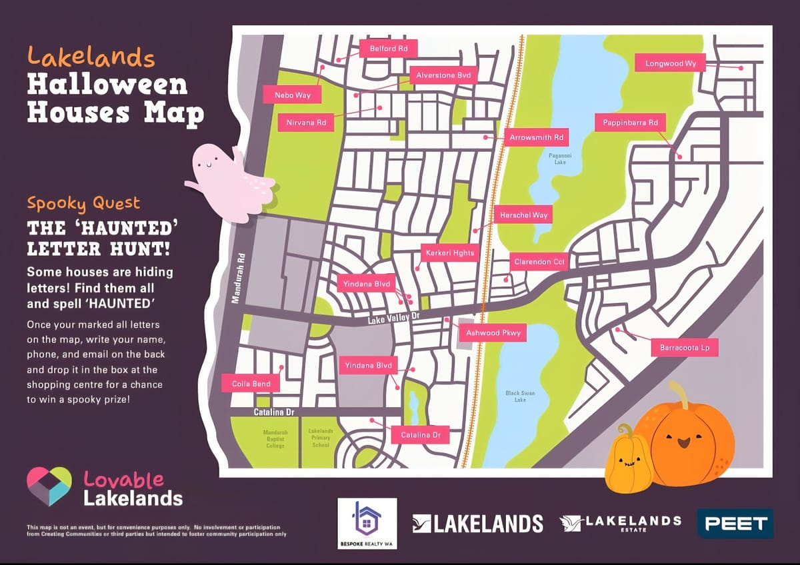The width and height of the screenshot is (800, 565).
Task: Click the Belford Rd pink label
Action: tap(389, 49)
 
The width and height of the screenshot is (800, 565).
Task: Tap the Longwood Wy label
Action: tap(671, 63)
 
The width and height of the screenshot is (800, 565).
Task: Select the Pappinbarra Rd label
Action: tap(630, 123)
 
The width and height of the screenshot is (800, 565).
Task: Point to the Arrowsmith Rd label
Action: tap(537, 138)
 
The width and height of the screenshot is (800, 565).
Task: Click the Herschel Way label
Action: tap(524, 215)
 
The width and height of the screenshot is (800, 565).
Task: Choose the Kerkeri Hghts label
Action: tap(449, 253)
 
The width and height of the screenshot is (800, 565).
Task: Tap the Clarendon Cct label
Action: tap(539, 262)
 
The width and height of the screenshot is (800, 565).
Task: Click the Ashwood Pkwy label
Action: tap(493, 332)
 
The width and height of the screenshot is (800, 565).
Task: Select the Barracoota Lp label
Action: tap(685, 348)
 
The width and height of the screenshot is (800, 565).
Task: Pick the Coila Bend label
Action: tap(251, 384)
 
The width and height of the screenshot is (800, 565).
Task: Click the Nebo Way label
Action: tap(293, 95)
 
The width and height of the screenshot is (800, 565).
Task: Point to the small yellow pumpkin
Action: tap(627, 461)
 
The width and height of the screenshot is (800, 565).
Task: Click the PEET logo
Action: tap(735, 523)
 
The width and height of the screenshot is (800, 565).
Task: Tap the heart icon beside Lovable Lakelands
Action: tap(49, 486)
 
